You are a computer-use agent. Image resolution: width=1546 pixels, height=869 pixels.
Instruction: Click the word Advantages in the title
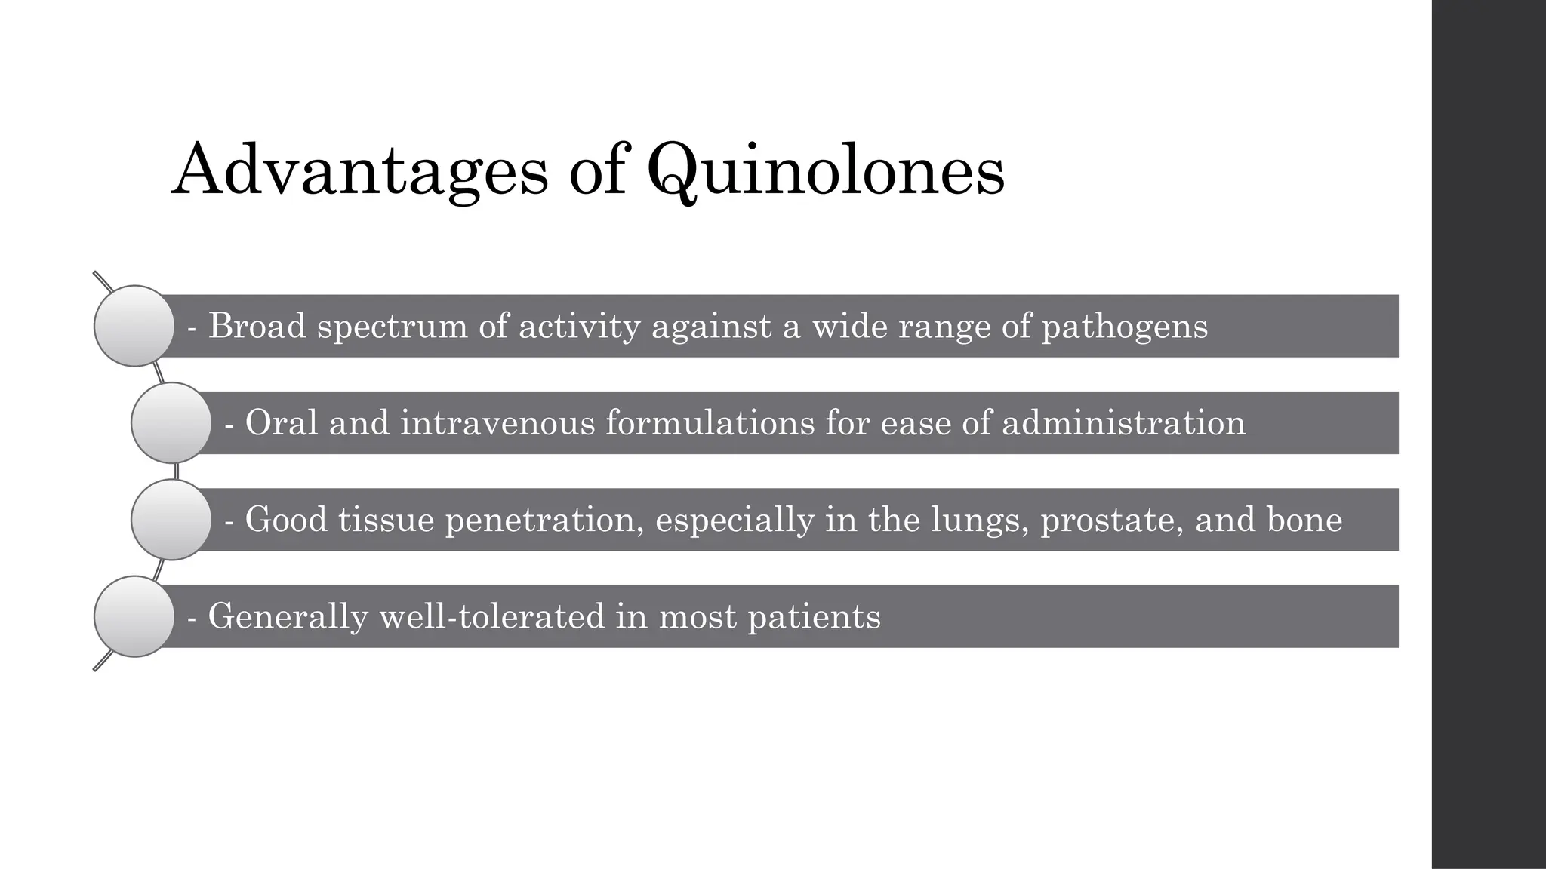[360, 170]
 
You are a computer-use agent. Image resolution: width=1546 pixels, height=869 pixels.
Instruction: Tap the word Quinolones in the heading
[826, 170]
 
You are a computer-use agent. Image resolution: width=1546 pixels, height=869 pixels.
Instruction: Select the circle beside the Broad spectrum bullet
[134, 326]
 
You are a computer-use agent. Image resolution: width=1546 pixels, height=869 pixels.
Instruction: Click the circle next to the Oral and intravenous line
[171, 422]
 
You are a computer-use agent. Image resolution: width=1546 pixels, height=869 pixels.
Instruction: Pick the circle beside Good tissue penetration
[171, 520]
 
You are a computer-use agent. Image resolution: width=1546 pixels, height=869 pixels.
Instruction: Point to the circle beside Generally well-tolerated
[134, 616]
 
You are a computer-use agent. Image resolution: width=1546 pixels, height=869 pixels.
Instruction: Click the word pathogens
[1125, 327]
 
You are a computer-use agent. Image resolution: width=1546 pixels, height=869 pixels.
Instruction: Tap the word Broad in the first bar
[257, 326]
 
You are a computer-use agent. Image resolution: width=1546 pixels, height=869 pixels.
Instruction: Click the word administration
[1123, 422]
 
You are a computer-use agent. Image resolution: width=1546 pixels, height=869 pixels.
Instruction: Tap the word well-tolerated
[492, 616]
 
